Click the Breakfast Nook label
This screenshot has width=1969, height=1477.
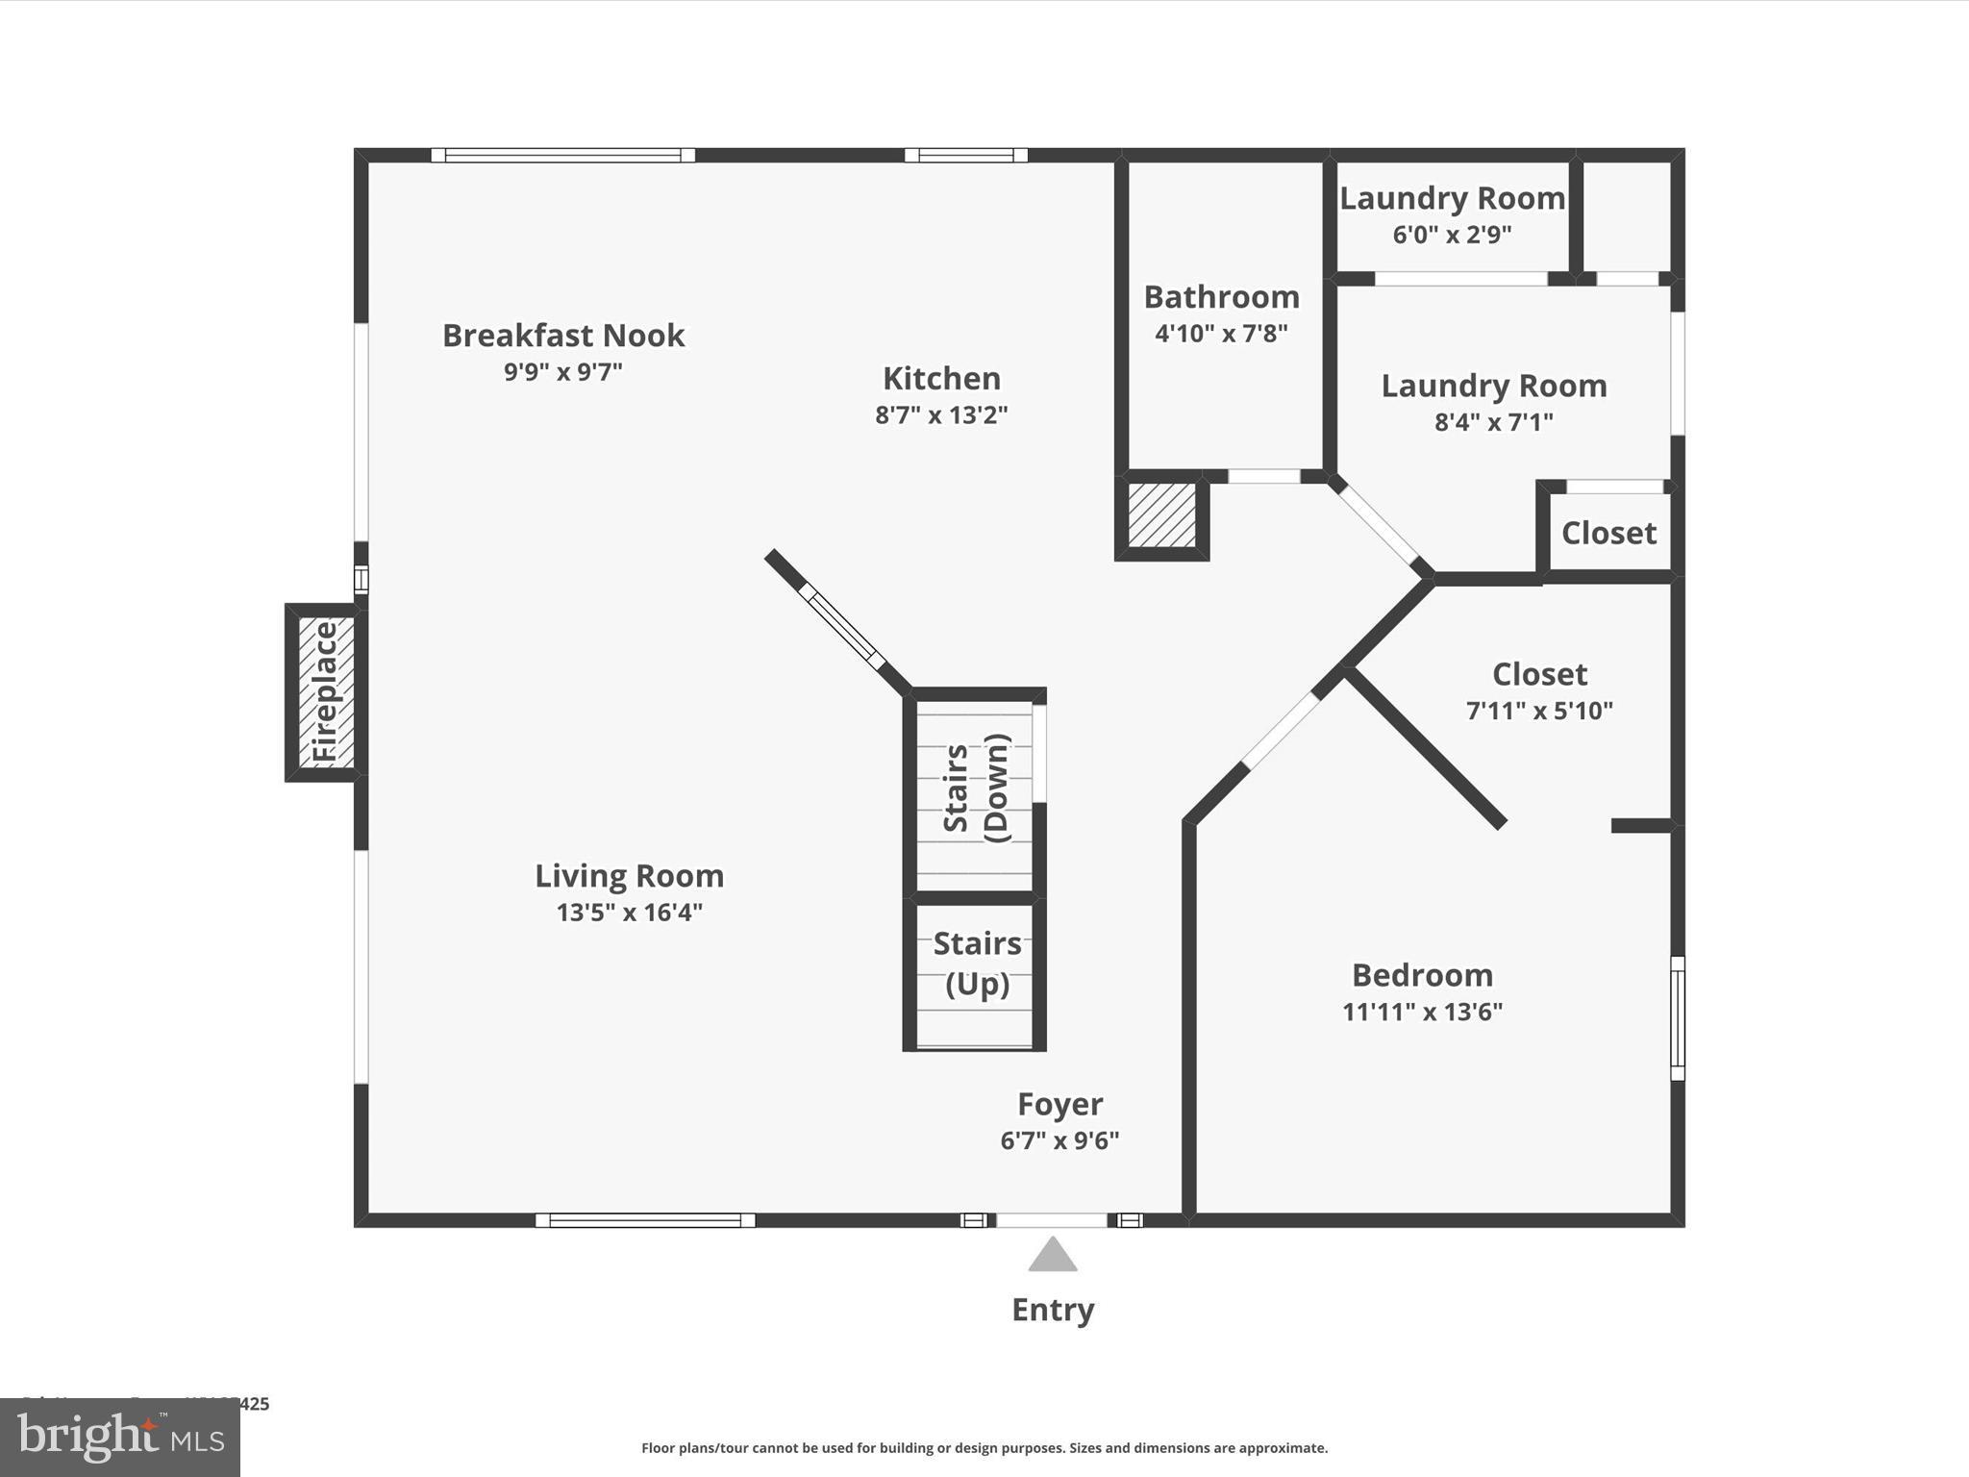point(563,336)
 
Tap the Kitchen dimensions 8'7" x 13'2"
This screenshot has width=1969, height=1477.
point(941,415)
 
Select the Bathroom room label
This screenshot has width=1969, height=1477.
point(1221,297)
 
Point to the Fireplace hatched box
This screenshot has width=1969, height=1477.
point(326,692)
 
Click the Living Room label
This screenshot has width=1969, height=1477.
point(629,876)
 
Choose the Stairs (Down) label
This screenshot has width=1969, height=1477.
point(976,789)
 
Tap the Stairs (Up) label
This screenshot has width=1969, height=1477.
point(977,964)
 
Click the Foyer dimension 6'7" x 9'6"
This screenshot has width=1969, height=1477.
point(1059,1140)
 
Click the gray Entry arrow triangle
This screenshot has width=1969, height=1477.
point(1053,1256)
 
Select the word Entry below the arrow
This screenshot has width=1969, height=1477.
point(1053,1310)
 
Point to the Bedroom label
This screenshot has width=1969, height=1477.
point(1422,975)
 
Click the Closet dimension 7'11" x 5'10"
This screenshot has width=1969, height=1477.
point(1539,711)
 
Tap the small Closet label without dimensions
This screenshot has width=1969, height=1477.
point(1608,533)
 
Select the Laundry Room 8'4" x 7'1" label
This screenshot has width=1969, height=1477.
point(1493,387)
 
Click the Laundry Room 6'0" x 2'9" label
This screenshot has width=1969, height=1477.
point(1452,199)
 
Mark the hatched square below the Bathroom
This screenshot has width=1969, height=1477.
point(1161,516)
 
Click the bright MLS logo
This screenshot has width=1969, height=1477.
point(120,1438)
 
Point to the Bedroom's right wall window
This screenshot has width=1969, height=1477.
point(1678,1017)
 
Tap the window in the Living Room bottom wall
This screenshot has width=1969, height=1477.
point(645,1220)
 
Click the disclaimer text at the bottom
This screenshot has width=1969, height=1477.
point(984,1448)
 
